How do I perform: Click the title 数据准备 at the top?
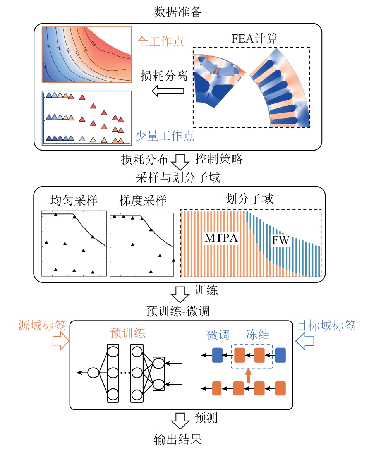click(178, 12)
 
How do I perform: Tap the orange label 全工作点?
click(160, 41)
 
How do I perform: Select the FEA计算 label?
click(254, 38)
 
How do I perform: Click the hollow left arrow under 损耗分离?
click(168, 91)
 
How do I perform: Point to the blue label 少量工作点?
click(165, 136)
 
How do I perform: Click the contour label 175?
click(93, 43)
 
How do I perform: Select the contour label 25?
click(45, 67)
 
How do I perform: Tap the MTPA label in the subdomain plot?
click(221, 238)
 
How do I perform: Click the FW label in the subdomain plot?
click(280, 240)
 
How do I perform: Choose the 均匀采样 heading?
click(74, 200)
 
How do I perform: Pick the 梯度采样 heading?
click(143, 200)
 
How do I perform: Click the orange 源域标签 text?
click(42, 325)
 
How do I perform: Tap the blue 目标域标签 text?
click(326, 325)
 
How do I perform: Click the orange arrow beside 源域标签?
click(61, 341)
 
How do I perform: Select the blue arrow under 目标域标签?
click(305, 341)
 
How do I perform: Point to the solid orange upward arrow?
click(249, 376)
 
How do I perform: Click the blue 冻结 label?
click(257, 335)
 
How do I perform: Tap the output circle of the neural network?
click(93, 373)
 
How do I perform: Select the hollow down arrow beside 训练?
click(180, 294)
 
